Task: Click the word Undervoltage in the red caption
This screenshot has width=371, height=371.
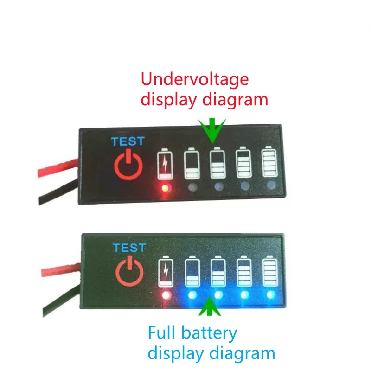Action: click(195, 80)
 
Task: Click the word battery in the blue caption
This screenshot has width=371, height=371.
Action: click(211, 333)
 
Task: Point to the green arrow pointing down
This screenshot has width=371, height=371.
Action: click(212, 130)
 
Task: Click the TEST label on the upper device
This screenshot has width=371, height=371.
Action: click(127, 141)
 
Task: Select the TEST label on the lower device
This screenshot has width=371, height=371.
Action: click(129, 248)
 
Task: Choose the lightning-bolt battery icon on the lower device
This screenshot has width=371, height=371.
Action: click(166, 272)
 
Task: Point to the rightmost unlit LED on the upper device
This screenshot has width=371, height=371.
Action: click(270, 186)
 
